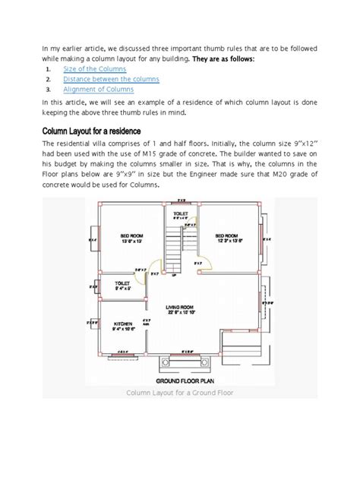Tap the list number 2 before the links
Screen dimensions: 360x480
49,79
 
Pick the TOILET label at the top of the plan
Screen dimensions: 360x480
180,214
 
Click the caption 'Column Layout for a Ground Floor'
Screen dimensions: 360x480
180,393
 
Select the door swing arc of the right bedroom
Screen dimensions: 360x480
200,264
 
